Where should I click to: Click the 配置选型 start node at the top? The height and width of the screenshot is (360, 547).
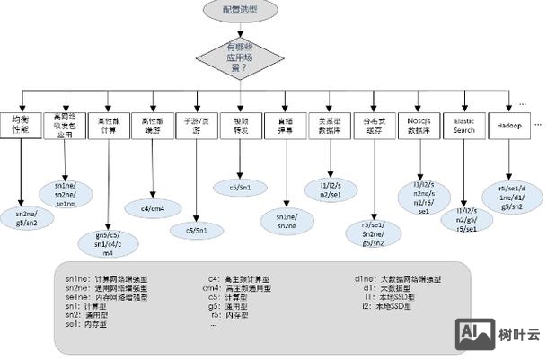point(241,10)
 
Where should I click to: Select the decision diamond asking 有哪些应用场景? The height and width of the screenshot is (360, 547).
point(240,57)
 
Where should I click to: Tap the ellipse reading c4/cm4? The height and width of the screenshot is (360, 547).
point(153,208)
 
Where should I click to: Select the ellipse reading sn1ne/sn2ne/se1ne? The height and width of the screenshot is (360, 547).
point(63,194)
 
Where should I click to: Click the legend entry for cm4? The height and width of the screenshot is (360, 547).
point(238,288)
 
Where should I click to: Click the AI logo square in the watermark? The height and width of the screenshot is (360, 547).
point(473,333)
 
